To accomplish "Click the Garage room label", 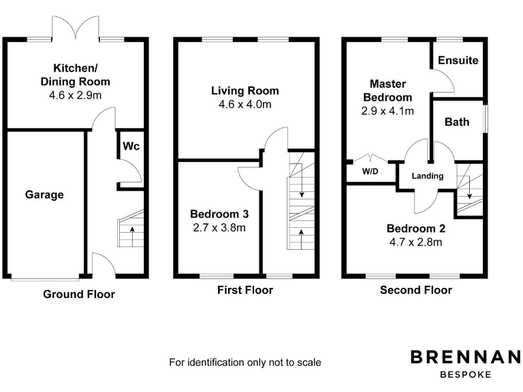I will pyautogui.click(x=44, y=195).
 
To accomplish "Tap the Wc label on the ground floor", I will pyautogui.click(x=131, y=146).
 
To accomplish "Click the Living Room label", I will pyautogui.click(x=244, y=91).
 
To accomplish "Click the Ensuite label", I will pyautogui.click(x=458, y=60).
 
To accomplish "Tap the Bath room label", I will pyautogui.click(x=456, y=122).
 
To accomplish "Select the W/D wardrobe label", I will pyautogui.click(x=370, y=171).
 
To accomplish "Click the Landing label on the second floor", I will pyautogui.click(x=428, y=176).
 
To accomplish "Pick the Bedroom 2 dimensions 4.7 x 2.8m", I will pyautogui.click(x=415, y=242).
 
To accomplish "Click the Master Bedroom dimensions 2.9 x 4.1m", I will pyautogui.click(x=387, y=110).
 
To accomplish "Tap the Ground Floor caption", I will pyautogui.click(x=79, y=294).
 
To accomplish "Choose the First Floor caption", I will pyautogui.click(x=245, y=290).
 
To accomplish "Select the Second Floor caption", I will pyautogui.click(x=415, y=290).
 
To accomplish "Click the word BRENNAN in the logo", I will pyautogui.click(x=465, y=357).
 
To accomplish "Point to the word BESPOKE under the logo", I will pyautogui.click(x=465, y=374).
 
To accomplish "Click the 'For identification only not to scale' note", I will pyautogui.click(x=245, y=362).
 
